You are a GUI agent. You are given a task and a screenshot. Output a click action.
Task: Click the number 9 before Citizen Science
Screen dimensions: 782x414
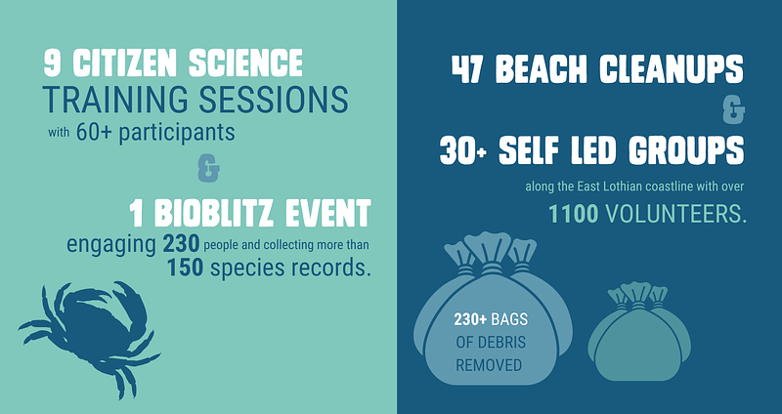[52, 62]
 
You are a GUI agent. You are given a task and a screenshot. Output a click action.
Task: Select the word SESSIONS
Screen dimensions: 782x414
[274, 100]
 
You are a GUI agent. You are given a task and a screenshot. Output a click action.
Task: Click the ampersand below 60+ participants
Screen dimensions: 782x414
[208, 170]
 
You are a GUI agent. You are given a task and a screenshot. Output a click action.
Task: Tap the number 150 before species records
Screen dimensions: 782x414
[185, 269]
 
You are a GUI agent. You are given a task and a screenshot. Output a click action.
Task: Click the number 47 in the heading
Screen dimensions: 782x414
[468, 68]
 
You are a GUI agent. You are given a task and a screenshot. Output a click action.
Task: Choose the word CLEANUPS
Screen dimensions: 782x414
[672, 68]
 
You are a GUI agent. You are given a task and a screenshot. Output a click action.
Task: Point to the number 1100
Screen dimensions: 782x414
[574, 214]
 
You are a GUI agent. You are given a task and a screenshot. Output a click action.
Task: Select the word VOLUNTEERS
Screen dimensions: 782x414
[675, 214]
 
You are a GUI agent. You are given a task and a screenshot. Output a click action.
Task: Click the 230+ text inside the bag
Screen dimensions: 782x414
[470, 319]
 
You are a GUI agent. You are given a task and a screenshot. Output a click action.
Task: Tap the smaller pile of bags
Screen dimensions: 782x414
[639, 332]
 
